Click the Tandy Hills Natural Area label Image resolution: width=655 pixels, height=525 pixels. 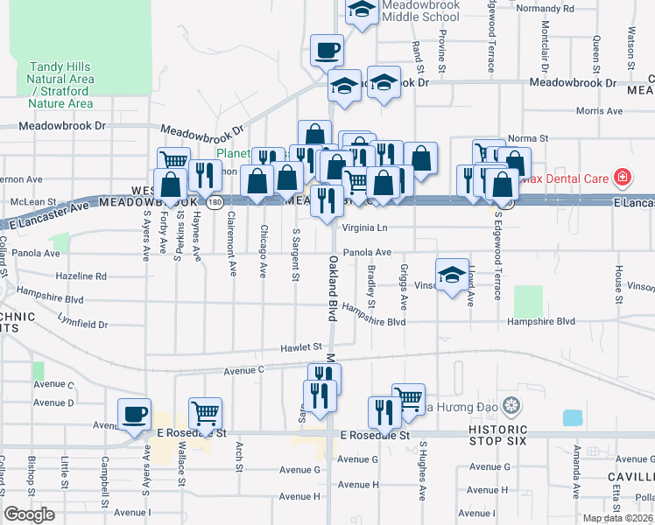pos(61,85)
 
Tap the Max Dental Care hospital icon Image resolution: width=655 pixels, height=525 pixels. pos(623,178)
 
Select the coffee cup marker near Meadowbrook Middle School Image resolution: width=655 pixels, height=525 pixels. pos(327,51)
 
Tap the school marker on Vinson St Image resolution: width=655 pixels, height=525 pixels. pos(452,276)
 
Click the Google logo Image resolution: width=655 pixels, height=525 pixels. pos(30,514)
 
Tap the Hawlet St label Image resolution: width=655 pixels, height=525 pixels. pos(301,347)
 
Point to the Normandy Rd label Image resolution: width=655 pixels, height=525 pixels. pos(545,8)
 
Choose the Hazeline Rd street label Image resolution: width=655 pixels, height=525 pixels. pos(81,276)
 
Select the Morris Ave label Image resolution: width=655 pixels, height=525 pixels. pos(600,111)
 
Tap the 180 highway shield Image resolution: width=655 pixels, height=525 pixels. pos(215,201)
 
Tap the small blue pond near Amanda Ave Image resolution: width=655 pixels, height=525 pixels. pos(572,417)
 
